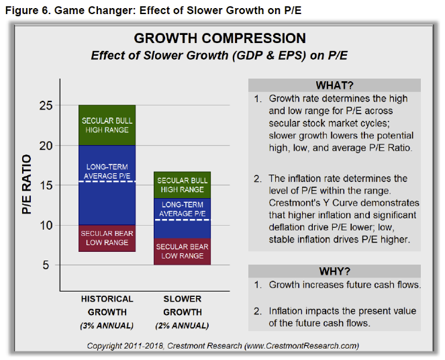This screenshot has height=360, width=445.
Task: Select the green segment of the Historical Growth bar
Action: (107, 125)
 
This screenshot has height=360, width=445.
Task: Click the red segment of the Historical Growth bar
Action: (107, 238)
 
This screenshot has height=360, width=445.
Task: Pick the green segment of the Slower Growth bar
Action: (183, 185)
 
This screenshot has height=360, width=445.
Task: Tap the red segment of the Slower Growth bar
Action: (183, 251)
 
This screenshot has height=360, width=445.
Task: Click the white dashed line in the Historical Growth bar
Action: (107, 181)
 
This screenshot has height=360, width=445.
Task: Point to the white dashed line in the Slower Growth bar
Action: (183, 220)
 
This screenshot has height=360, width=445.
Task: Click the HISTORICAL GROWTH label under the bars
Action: (107, 305)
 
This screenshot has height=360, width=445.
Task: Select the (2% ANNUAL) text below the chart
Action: (183, 326)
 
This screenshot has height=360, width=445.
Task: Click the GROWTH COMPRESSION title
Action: (219, 38)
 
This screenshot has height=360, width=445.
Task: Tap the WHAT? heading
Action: (334, 85)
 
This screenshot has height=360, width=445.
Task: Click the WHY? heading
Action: (334, 271)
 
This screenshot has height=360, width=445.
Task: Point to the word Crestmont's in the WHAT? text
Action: (293, 203)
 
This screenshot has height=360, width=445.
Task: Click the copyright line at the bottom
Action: (222, 346)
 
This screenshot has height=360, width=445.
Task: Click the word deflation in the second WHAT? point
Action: (289, 226)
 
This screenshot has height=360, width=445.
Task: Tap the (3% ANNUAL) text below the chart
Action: (107, 326)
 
